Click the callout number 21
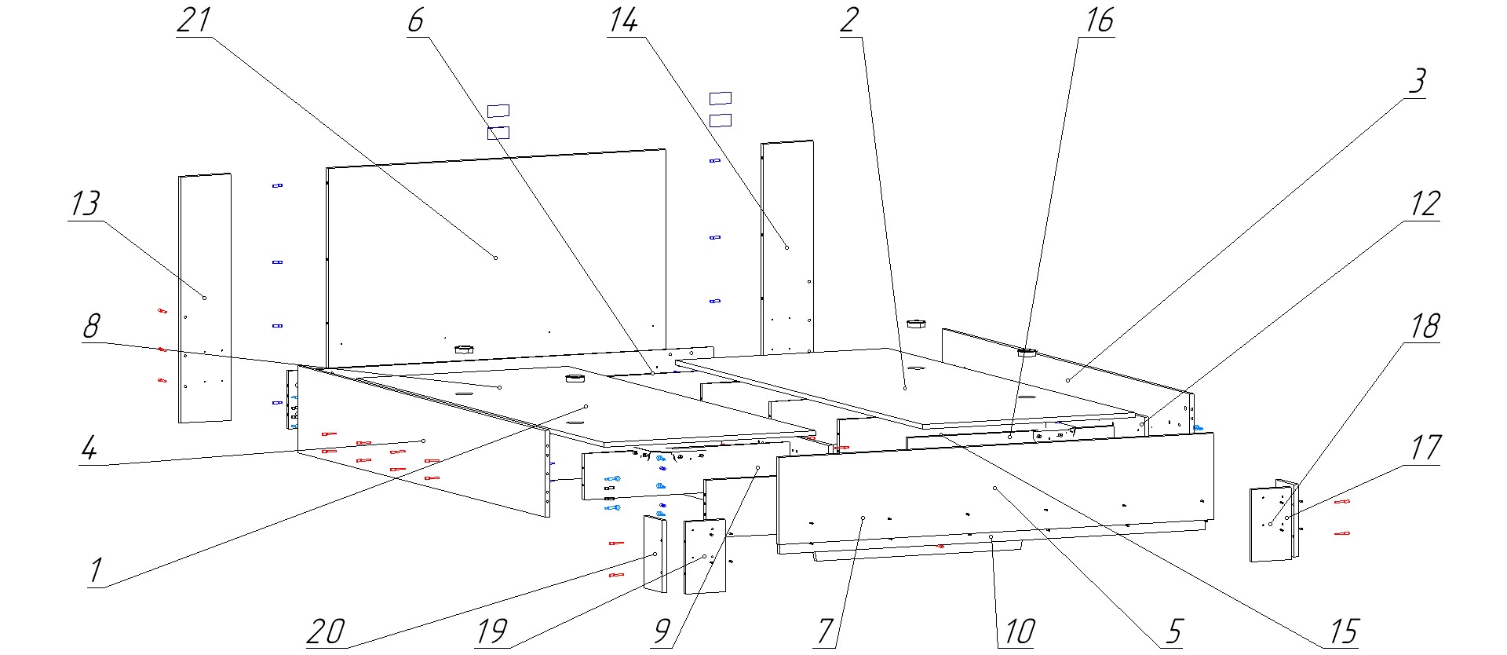tap(194, 20)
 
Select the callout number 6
tap(415, 20)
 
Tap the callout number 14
tap(622, 20)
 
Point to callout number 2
tap(848, 20)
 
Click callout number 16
tap(1099, 20)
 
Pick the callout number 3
tap(1416, 81)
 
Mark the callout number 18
tap(1425, 325)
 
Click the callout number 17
tap(1425, 448)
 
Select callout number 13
tap(86, 203)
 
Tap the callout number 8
tap(91, 326)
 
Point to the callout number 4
tap(89, 448)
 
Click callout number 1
tap(95, 570)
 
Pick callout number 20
tap(325, 631)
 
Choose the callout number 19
tap(491, 631)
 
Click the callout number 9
tap(662, 631)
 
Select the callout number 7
tap(824, 631)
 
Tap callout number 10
tap(1020, 631)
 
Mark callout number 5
tap(1173, 631)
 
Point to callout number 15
tap(1343, 631)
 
